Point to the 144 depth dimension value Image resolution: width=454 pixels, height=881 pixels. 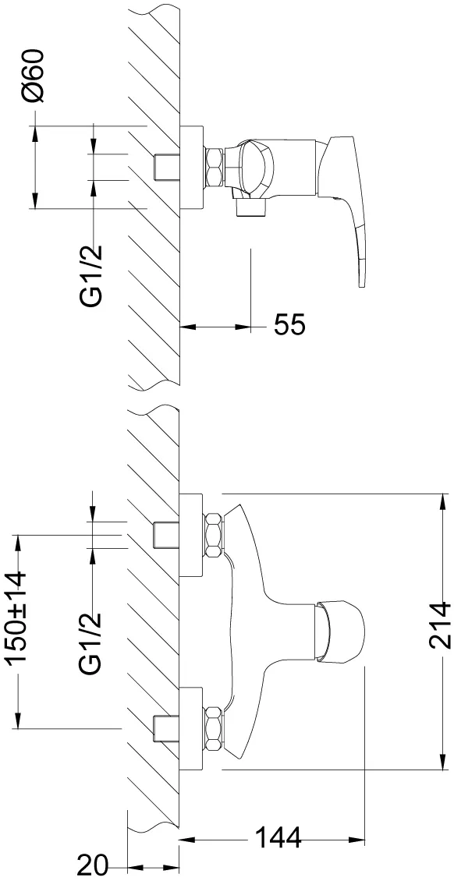[278, 838]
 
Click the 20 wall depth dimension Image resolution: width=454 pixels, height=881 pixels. [93, 866]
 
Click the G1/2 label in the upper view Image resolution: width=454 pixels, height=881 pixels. [91, 274]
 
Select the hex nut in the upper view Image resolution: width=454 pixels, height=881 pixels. [214, 167]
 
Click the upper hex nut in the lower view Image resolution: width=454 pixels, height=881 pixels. [214, 534]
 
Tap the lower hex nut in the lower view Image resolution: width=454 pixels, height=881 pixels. [214, 728]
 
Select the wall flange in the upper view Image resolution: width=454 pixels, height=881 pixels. [191, 168]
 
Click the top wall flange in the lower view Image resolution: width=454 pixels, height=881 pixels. [191, 534]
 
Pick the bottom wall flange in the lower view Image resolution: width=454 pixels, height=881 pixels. [191, 728]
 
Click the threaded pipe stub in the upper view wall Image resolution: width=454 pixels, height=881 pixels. [167, 167]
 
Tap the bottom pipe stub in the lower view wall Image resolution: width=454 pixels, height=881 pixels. [167, 728]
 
